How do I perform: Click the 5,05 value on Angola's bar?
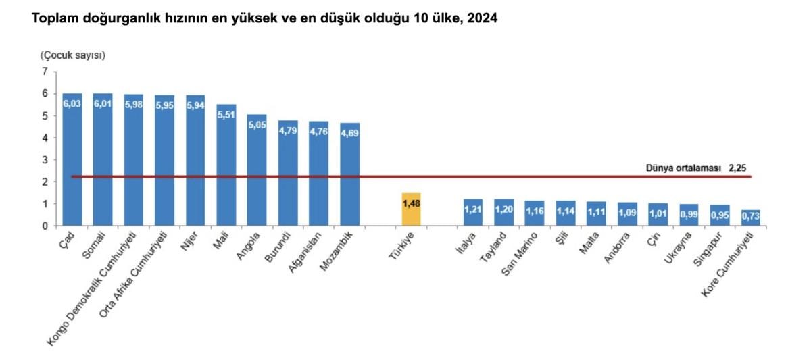click(x=257, y=124)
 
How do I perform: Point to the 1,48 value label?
click(x=411, y=203)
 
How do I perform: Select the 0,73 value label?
click(x=751, y=216)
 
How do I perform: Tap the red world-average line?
click(x=541, y=177)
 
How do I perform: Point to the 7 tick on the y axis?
click(x=45, y=72)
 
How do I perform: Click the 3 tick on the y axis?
click(x=45, y=159)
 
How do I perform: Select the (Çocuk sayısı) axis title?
click(x=72, y=55)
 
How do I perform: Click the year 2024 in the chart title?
click(x=482, y=20)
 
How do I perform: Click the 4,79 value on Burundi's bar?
click(x=288, y=130)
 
